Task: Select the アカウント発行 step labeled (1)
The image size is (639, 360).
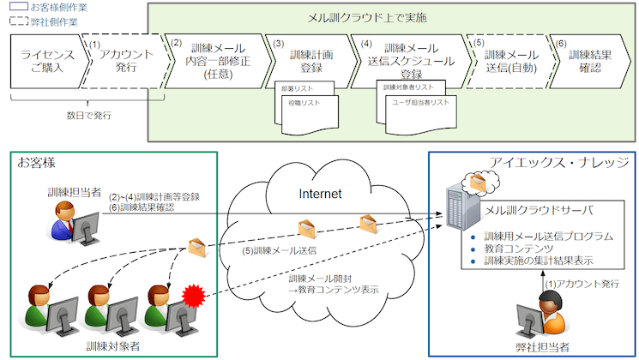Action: pyautogui.click(x=120, y=61)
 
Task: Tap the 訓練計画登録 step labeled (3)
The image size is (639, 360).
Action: pyautogui.click(x=302, y=61)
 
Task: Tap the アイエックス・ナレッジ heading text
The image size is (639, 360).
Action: pyautogui.click(x=558, y=163)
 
